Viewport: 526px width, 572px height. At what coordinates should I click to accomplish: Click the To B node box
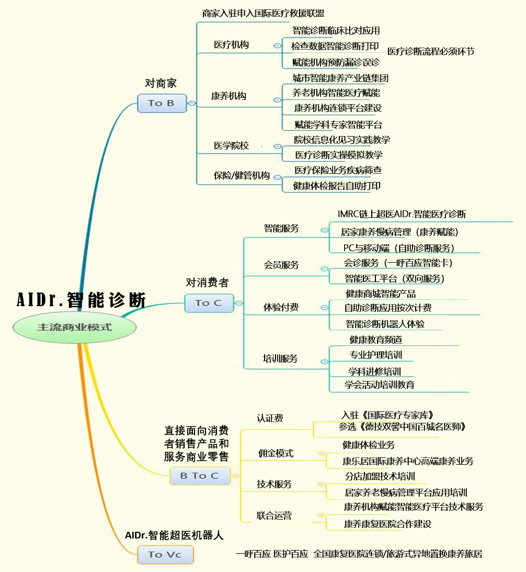point(162,103)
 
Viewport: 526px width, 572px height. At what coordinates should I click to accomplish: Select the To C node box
point(209,303)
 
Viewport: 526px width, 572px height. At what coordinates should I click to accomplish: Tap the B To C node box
point(200,476)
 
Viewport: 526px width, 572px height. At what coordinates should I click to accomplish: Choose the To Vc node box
point(165,555)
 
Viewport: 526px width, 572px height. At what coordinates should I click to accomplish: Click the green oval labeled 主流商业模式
point(74,327)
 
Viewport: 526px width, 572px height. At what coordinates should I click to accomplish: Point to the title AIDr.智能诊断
point(81,300)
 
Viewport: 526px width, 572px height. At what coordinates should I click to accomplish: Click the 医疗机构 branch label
point(231,45)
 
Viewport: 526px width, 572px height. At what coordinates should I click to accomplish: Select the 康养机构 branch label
point(228,96)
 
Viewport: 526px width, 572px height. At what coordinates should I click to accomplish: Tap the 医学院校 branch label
point(231,145)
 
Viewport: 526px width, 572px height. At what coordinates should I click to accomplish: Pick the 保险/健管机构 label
point(242,175)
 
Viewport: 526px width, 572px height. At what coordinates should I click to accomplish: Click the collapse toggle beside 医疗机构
point(278,46)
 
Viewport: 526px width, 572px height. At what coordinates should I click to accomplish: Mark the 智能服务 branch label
point(281,228)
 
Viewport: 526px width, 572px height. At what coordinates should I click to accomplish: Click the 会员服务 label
point(281,265)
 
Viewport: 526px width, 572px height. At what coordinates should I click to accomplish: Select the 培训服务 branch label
point(280,358)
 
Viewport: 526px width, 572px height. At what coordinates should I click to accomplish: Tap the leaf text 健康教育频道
point(376,340)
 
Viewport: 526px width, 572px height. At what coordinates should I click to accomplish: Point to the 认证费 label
point(270,418)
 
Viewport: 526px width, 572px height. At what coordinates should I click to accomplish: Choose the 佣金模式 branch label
point(276,453)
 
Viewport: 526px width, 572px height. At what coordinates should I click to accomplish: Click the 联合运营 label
point(274,515)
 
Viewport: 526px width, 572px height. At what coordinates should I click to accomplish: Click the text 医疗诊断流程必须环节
point(431,51)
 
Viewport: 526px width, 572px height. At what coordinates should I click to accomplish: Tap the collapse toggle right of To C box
point(239,303)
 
